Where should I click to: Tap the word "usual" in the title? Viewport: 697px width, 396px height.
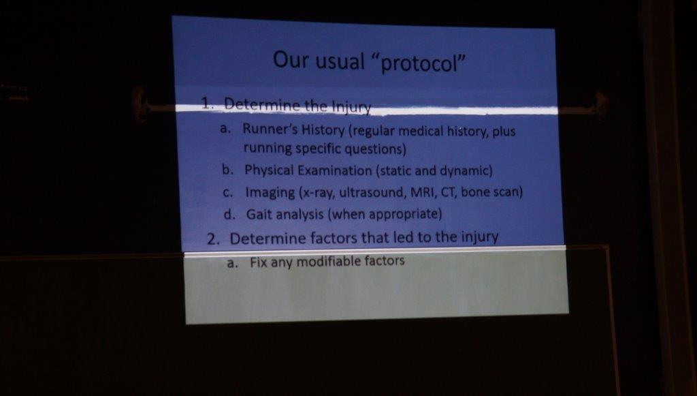[340, 61]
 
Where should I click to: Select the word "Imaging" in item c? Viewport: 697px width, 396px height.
[270, 193]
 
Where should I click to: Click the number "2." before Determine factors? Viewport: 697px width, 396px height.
[214, 239]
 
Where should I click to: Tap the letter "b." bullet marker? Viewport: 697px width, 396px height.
[227, 170]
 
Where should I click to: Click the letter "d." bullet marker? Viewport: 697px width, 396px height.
[229, 214]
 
